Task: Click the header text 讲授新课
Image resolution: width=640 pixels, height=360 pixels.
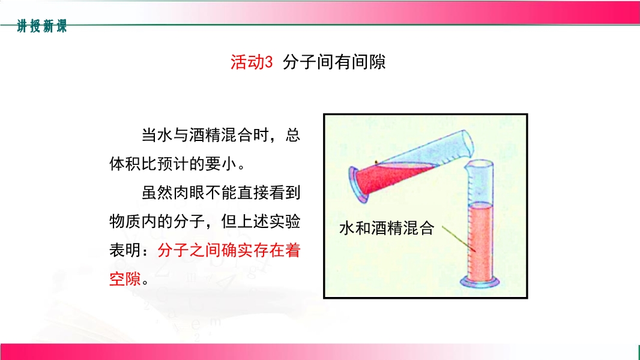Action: [x=42, y=26]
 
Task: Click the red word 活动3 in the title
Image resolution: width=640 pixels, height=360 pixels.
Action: [x=252, y=62]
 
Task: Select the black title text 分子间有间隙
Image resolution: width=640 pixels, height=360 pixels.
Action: [x=334, y=62]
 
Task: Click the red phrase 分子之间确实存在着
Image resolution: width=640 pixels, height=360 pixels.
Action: [x=229, y=250]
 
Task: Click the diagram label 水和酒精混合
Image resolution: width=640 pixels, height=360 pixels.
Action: [x=387, y=229]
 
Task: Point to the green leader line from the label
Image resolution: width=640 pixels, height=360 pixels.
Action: [x=459, y=239]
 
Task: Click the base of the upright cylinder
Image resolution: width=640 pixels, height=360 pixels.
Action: [x=480, y=282]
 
